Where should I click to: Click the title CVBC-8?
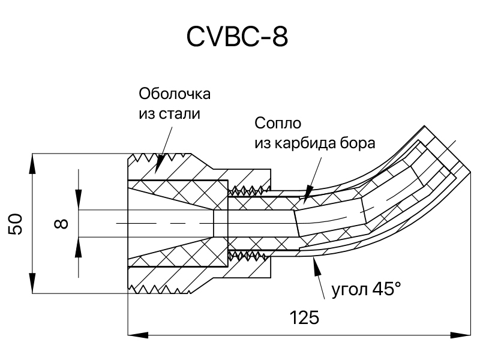[x=237, y=37]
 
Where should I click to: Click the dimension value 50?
[x=16, y=224]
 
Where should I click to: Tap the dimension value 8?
[x=61, y=224]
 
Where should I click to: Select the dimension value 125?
[x=304, y=317]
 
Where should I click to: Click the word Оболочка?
[x=175, y=94]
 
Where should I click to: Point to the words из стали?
[x=169, y=114]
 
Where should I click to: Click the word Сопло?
[x=278, y=124]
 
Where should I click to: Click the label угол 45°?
[x=366, y=289]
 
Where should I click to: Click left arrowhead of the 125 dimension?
[x=138, y=335]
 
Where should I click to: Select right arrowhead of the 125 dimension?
[x=461, y=335]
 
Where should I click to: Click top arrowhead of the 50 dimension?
[x=32, y=163]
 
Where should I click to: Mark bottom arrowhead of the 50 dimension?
[x=32, y=283]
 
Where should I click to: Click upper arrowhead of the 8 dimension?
[x=79, y=200]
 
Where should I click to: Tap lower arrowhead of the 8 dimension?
[x=79, y=247]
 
